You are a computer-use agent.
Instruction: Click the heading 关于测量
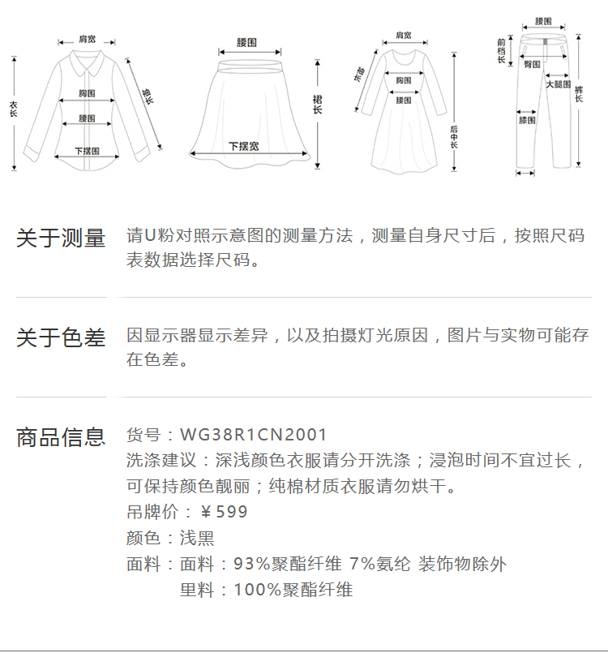click(x=61, y=238)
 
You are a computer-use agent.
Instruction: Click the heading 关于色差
click(x=61, y=338)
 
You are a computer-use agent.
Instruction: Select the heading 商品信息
click(x=61, y=437)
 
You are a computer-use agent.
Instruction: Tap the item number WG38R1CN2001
click(x=254, y=436)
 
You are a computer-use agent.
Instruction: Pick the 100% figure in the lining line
click(x=252, y=590)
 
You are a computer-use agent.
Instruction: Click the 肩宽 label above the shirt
click(x=88, y=39)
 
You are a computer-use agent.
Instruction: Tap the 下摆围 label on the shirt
click(x=87, y=150)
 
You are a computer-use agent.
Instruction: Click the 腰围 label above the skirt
click(x=246, y=41)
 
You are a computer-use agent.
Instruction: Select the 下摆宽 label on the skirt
click(x=243, y=146)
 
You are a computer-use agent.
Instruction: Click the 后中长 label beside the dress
click(x=454, y=138)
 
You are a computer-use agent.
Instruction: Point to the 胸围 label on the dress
click(x=403, y=80)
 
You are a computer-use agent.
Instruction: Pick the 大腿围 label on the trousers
click(x=558, y=84)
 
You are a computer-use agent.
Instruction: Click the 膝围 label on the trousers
click(x=527, y=121)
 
